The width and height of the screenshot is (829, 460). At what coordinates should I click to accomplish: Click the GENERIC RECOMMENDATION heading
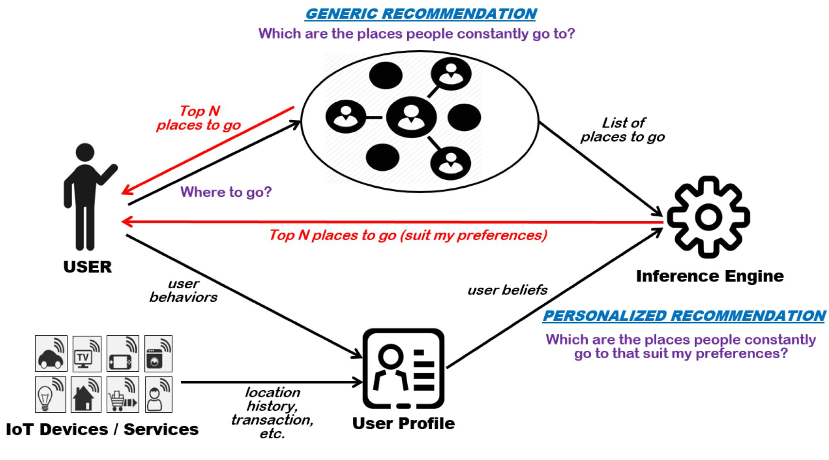click(421, 14)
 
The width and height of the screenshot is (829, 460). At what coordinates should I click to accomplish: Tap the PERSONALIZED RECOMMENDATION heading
click(683, 316)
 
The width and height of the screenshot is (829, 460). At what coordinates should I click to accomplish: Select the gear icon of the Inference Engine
click(708, 217)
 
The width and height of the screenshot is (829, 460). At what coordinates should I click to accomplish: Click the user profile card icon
click(404, 369)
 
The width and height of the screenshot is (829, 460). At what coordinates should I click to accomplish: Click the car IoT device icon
click(51, 354)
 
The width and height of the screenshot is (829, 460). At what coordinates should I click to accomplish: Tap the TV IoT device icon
click(87, 354)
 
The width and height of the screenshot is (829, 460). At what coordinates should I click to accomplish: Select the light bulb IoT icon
click(50, 394)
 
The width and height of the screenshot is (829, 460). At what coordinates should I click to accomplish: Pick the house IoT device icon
click(86, 394)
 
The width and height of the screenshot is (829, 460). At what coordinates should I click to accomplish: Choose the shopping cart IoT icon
click(122, 394)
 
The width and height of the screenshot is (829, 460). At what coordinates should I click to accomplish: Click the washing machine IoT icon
click(158, 354)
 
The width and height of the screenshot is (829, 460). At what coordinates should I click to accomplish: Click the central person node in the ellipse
click(411, 117)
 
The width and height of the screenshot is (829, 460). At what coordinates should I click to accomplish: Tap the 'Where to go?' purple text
click(226, 192)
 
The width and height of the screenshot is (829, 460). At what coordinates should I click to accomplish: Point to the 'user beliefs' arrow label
click(507, 290)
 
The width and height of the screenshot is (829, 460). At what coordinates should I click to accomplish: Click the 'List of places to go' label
click(622, 130)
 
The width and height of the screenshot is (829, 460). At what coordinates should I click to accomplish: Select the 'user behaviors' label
click(183, 291)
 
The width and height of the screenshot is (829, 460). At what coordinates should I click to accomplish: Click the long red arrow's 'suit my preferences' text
click(473, 235)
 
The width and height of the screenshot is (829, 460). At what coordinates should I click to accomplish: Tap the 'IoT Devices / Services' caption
click(102, 429)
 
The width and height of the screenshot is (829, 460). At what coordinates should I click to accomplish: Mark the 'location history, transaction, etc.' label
click(272, 413)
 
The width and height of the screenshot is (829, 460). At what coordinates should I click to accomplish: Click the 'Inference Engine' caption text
click(710, 276)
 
